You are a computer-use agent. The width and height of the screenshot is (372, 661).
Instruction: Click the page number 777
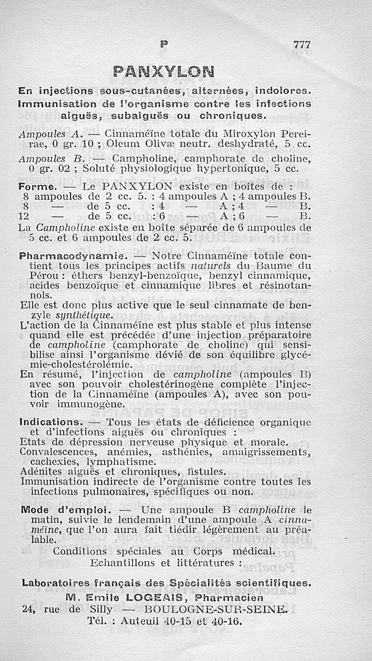pos(301,45)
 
